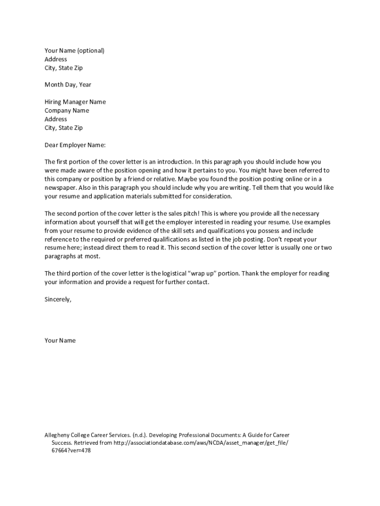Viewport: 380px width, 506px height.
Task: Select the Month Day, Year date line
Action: (x=68, y=85)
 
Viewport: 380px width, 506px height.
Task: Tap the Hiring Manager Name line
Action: (x=75, y=102)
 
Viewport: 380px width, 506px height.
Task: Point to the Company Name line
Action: (x=67, y=111)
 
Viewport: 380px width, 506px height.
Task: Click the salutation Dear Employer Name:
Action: (x=75, y=145)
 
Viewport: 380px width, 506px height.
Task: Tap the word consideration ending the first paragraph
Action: (x=213, y=197)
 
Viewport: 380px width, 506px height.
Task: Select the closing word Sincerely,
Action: (x=58, y=299)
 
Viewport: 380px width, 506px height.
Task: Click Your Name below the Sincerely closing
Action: (x=60, y=341)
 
